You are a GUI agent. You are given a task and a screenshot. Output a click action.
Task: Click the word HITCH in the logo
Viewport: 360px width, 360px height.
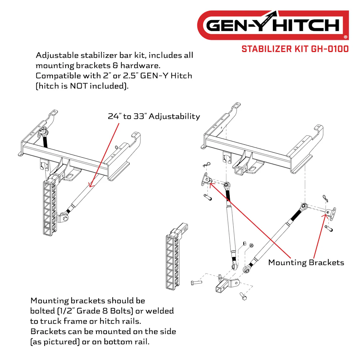click(x=306, y=25)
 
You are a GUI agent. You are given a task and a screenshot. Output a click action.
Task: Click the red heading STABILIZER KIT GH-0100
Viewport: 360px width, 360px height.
click(x=295, y=49)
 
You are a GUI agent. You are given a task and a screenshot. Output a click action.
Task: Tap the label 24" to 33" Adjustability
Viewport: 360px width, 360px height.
click(x=154, y=116)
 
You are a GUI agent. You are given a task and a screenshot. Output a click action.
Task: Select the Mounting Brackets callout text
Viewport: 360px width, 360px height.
click(x=306, y=262)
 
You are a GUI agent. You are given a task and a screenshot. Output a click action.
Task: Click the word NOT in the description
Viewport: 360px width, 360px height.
click(x=79, y=86)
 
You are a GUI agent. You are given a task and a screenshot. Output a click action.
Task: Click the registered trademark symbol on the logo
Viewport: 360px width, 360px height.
click(x=346, y=37)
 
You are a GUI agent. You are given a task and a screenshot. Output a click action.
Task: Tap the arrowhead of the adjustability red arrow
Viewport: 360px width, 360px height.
click(x=91, y=184)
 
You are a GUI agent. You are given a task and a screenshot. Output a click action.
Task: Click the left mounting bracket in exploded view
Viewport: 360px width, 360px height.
click(x=207, y=179)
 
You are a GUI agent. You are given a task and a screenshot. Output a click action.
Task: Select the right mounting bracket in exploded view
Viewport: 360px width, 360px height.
click(x=331, y=213)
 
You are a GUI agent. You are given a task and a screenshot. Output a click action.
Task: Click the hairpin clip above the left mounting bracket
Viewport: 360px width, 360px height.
click(x=207, y=165)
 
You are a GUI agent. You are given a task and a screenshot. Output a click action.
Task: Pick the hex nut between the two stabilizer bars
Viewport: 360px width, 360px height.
click(x=251, y=246)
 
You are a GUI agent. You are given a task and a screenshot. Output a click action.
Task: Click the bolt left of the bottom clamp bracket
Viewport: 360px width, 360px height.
click(x=196, y=282)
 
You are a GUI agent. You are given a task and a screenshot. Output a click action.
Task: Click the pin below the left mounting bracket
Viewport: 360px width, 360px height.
click(x=208, y=197)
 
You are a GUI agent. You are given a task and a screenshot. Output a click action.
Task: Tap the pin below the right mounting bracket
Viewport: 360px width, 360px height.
click(x=329, y=229)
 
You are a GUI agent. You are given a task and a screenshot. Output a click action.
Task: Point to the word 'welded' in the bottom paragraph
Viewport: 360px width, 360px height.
click(x=159, y=311)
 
